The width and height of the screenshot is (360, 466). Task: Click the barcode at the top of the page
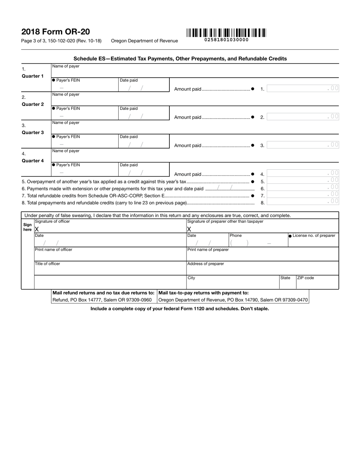pyautogui.click(x=226, y=33)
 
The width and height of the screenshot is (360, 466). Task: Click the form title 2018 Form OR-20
pyautogui.click(x=56, y=32)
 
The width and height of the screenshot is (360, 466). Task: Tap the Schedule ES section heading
pyautogui.click(x=180, y=59)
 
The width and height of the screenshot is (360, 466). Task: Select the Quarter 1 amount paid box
pyautogui.click(x=303, y=89)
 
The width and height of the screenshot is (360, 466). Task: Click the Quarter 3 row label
pyautogui.click(x=33, y=133)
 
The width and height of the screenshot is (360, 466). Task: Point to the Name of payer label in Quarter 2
pyautogui.click(x=66, y=94)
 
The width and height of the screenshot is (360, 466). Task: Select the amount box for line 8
pyautogui.click(x=303, y=202)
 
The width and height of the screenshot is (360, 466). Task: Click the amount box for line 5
pyautogui.click(x=303, y=181)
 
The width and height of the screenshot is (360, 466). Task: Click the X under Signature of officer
pyautogui.click(x=37, y=229)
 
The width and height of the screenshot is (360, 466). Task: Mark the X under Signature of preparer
pyautogui.click(x=189, y=229)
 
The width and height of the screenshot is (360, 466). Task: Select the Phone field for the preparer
pyautogui.click(x=258, y=243)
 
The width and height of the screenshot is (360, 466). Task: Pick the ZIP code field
pyautogui.click(x=317, y=282)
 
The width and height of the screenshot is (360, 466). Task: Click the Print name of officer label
pyautogui.click(x=53, y=250)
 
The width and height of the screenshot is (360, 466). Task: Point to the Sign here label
pyautogui.click(x=27, y=227)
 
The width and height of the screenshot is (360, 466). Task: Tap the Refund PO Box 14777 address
pyautogui.click(x=102, y=300)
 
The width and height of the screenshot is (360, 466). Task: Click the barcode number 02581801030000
pyautogui.click(x=226, y=40)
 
